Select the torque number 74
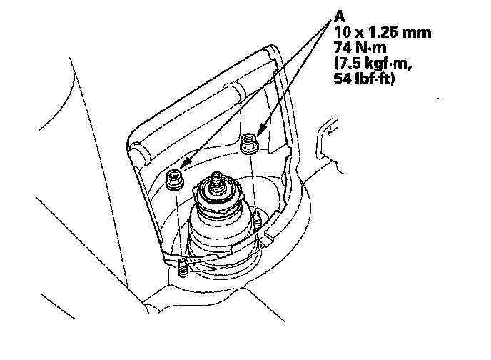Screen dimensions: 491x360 pyautogui.click(x=341, y=48)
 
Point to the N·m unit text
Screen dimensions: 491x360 pyautogui.click(x=368, y=48)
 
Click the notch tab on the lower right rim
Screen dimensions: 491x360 pyautogui.click(x=268, y=236)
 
